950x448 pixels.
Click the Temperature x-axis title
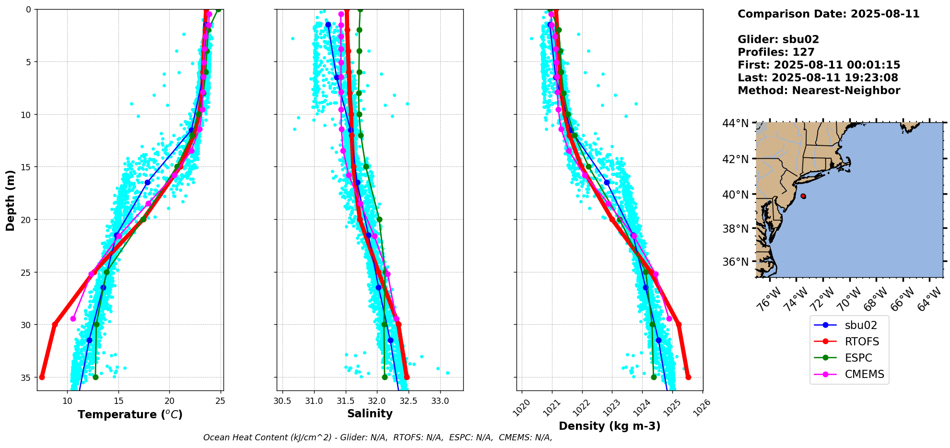pyautogui.click(x=130, y=414)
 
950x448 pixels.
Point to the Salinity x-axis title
pyautogui.click(x=370, y=413)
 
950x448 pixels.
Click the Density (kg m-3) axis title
pyautogui.click(x=610, y=426)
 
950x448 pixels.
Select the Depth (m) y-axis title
pyautogui.click(x=11, y=200)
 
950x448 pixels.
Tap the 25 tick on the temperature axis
pyautogui.click(x=220, y=401)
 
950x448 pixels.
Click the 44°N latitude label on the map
pyautogui.click(x=735, y=124)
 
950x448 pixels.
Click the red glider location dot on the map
pyautogui.click(x=803, y=196)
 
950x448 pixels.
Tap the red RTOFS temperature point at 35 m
pyautogui.click(x=42, y=377)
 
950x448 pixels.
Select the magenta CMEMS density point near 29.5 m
pyautogui.click(x=669, y=318)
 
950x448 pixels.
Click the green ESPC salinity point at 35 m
pyautogui.click(x=385, y=377)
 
